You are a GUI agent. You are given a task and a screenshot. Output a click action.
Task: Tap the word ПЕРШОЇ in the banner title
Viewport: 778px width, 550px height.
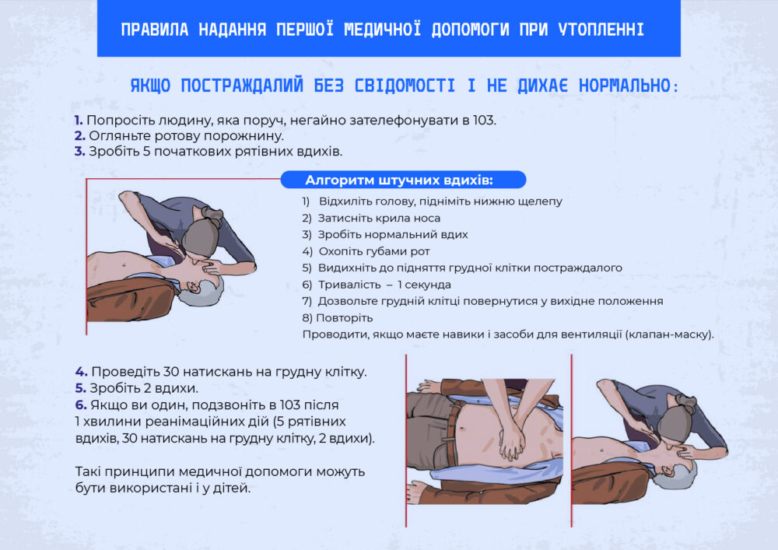(305, 30)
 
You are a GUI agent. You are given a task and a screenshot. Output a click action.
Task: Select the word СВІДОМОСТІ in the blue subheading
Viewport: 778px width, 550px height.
(405, 86)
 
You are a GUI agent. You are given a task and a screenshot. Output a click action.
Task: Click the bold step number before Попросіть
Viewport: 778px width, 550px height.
(79, 120)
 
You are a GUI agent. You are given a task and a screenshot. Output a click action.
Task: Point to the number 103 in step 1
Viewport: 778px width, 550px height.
(484, 120)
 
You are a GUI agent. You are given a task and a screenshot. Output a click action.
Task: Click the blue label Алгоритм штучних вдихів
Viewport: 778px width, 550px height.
(399, 180)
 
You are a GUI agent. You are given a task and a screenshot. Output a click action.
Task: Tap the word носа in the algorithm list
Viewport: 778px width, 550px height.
(428, 219)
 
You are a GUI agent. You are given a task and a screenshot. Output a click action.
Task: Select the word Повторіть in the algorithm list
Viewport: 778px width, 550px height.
(345, 318)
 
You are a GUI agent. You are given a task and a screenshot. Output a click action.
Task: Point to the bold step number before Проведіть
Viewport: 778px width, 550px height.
(82, 371)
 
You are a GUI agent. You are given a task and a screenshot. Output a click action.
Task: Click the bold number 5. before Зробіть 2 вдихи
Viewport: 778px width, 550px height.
(81, 388)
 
